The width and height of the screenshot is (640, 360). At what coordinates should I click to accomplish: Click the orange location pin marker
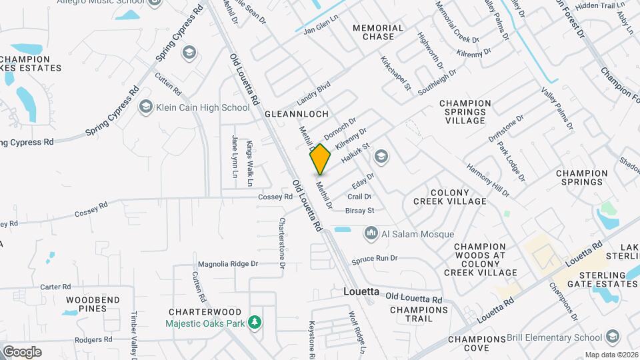point(321,159)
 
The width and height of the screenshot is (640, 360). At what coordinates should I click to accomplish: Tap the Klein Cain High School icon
point(146,107)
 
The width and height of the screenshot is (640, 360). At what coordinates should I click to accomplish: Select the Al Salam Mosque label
point(417,234)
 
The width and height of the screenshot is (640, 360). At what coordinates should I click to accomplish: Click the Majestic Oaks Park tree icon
point(254,323)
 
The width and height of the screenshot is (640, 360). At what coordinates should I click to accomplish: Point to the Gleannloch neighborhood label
point(297,114)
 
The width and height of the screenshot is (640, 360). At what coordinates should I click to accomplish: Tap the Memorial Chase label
point(378,32)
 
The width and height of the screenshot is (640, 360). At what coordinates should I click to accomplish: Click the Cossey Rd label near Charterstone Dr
point(276,197)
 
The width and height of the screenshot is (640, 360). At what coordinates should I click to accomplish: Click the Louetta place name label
point(361,292)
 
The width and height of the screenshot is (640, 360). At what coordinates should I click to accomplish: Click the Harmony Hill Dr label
point(487,181)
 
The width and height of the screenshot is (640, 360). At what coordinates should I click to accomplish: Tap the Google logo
point(22,351)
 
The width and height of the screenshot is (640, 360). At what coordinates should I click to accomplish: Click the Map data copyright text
point(611,355)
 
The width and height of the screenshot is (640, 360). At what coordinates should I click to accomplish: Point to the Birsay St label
point(360,211)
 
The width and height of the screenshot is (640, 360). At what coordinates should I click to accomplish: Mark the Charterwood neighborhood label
point(205,311)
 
